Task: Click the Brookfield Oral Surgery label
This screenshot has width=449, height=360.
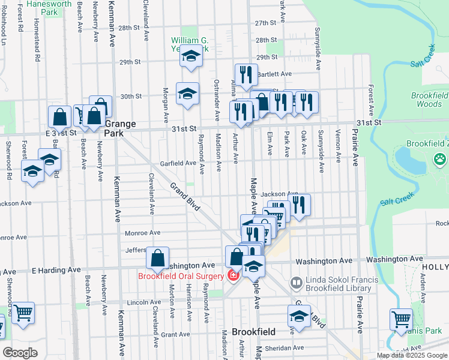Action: pos(181,276)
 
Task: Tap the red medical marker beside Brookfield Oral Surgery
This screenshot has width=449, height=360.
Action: pos(233,276)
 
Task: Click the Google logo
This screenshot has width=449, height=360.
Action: pos(20,353)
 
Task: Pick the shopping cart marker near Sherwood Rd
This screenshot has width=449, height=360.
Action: pos(23,313)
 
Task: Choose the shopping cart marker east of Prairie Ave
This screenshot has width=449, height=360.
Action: pos(400,319)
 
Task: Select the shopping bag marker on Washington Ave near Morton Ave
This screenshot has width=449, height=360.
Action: pos(157,259)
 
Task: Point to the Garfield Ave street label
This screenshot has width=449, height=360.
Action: pos(178,163)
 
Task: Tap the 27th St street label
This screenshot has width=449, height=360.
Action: pos(265,23)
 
